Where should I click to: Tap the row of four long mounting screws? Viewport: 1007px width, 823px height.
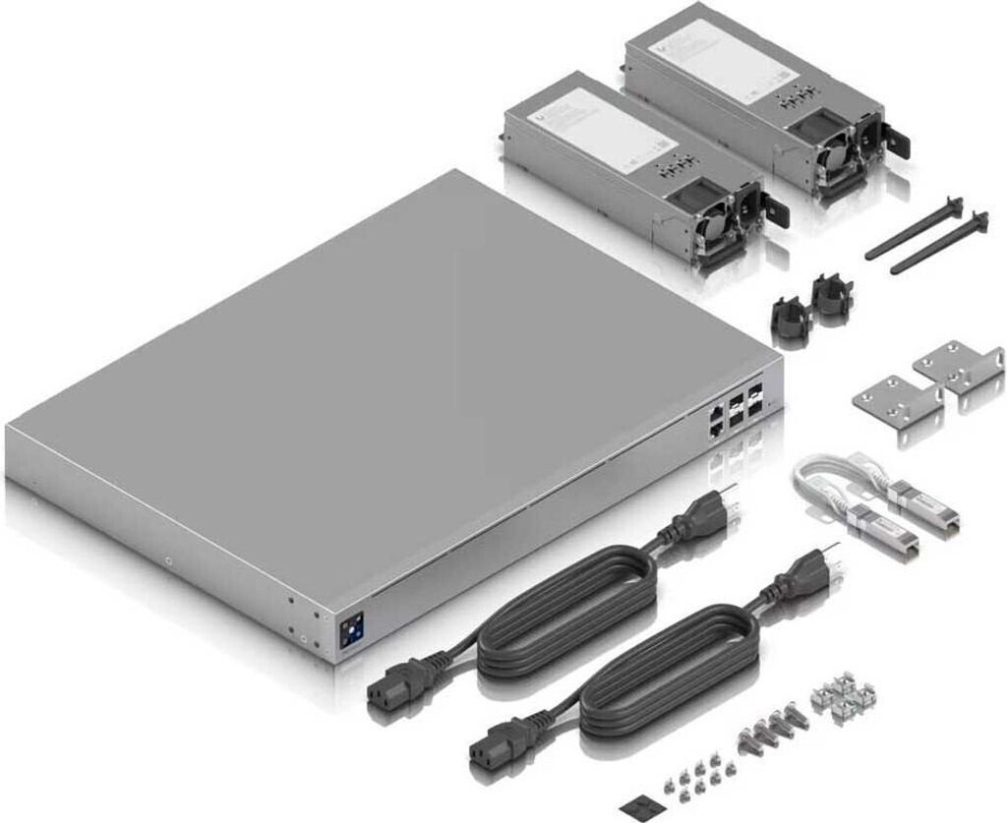point(771,733)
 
